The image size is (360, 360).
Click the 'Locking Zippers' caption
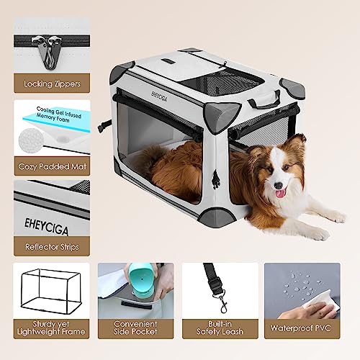[51, 84]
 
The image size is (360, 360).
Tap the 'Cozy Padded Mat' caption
[51, 166]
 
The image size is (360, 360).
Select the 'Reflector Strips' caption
[51, 246]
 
